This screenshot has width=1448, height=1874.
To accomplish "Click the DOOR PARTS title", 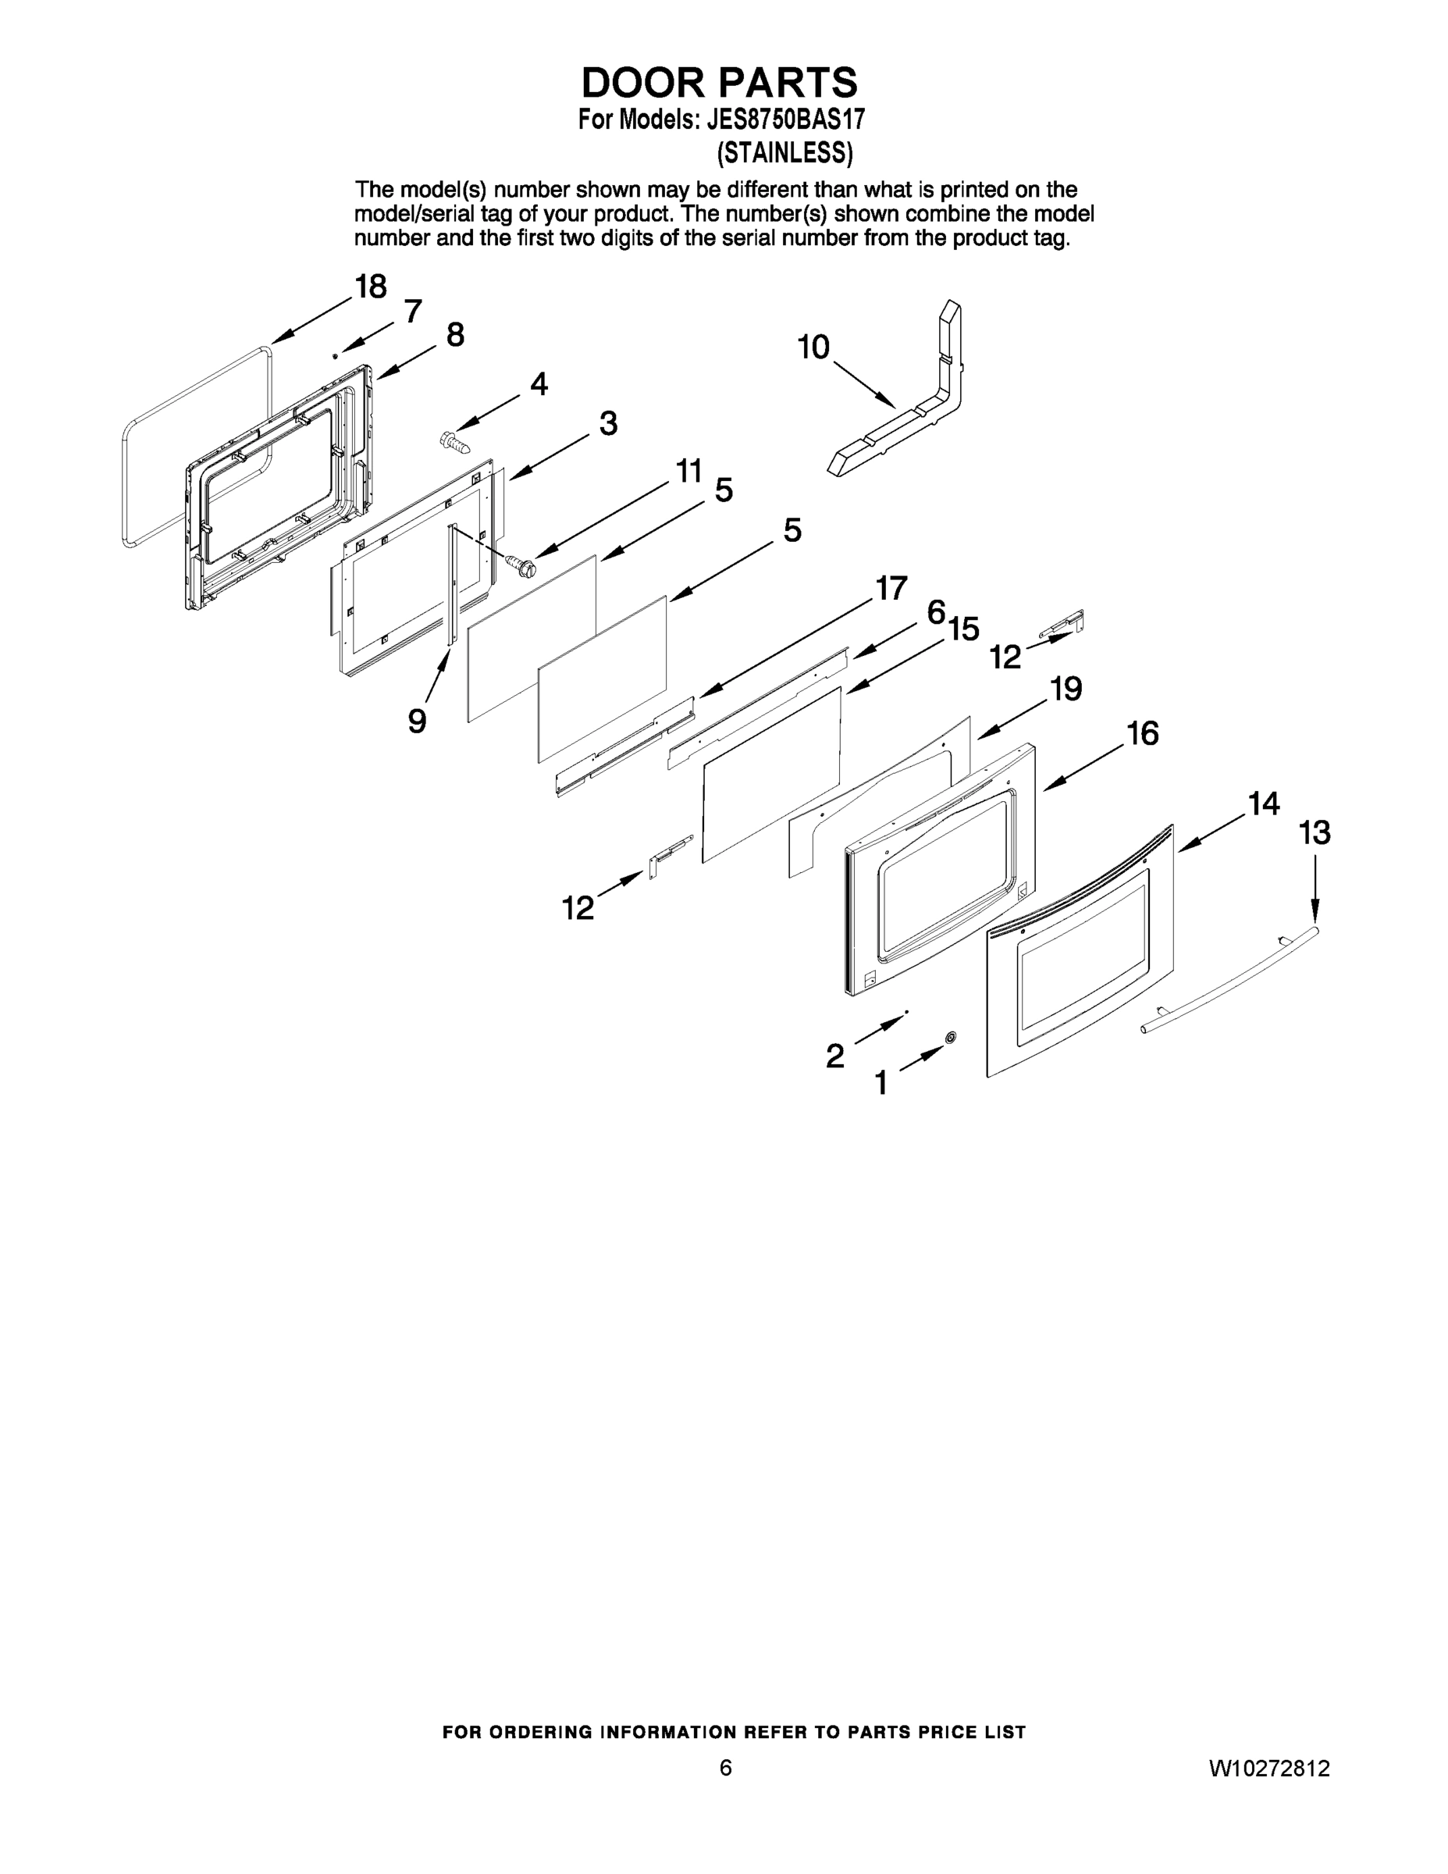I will [x=719, y=82].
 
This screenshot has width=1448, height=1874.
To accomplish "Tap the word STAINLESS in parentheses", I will [x=784, y=153].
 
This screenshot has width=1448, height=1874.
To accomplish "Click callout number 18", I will [x=371, y=287].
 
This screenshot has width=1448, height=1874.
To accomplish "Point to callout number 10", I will [x=813, y=347].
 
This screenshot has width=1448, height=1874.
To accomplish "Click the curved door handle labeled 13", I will [x=1226, y=982].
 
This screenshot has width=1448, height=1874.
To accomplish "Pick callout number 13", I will [x=1315, y=832].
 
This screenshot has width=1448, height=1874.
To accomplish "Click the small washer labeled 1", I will [x=951, y=1039].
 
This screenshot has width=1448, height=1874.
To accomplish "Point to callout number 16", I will [x=1143, y=734].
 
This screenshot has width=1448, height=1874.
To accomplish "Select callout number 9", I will [x=417, y=721].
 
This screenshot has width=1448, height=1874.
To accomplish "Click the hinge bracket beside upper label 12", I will [x=1064, y=625].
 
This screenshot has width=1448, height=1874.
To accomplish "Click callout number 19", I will [x=1066, y=688].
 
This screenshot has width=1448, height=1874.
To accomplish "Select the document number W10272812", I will [x=1268, y=1768].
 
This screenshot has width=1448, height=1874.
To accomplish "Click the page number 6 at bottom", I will [x=726, y=1768].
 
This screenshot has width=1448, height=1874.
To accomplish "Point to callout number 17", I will [x=891, y=589].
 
